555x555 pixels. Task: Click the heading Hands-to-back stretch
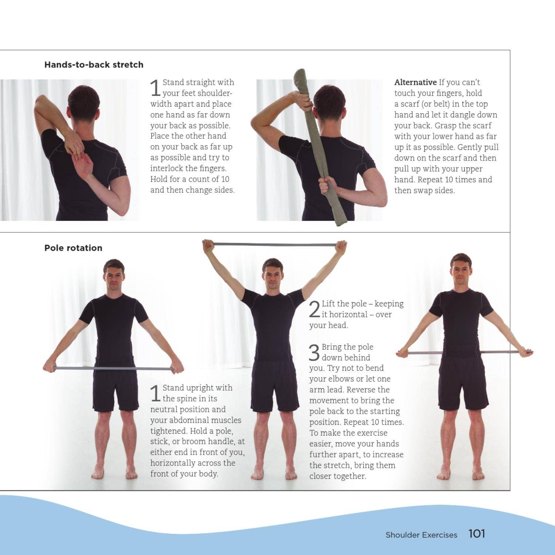[94, 65]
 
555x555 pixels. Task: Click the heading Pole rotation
[73, 248]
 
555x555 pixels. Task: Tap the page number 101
[477, 534]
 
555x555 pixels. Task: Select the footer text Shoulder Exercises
[421, 535]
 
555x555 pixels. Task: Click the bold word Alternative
[415, 83]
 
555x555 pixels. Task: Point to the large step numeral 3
[314, 353]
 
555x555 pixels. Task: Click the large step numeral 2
[314, 309]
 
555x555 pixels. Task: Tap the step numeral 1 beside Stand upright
[155, 393]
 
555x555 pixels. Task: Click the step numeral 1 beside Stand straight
[155, 88]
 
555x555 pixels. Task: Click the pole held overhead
[275, 245]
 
